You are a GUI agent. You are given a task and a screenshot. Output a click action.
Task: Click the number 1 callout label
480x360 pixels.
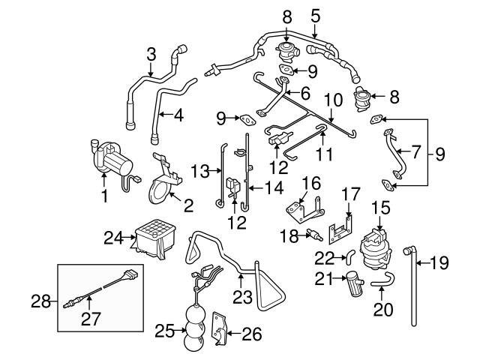pyautogui.click(x=103, y=196)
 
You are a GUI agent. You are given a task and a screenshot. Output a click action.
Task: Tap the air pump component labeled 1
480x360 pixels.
pyautogui.click(x=111, y=159)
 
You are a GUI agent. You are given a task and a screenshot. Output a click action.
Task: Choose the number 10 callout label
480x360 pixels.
pyautogui.click(x=333, y=98)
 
